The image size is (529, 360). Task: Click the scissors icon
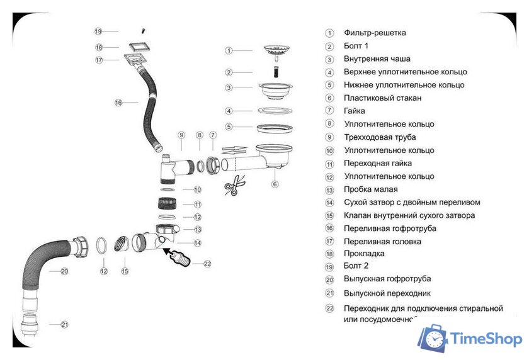coord(234,185)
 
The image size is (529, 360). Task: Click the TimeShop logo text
coord(486,339)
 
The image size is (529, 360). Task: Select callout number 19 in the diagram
coord(98,31)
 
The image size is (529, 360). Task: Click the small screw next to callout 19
coord(143,31)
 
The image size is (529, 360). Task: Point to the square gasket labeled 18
coord(139,47)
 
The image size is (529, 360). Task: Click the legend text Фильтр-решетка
coord(375,33)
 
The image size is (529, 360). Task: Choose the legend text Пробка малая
coord(370,189)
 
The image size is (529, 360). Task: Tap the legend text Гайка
coord(354,111)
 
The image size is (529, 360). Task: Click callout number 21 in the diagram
coord(64,325)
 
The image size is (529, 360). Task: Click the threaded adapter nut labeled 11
coord(166,203)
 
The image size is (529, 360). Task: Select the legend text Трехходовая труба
coord(380,137)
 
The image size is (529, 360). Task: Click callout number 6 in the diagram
coord(275,184)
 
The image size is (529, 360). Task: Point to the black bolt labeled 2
coord(276,72)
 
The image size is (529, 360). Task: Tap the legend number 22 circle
coord(329,308)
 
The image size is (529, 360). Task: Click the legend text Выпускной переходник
coord(387,293)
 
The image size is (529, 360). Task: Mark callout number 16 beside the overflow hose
coord(118,103)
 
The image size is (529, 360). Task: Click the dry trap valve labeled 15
coord(121,244)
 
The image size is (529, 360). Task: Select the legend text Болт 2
coord(356,266)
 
